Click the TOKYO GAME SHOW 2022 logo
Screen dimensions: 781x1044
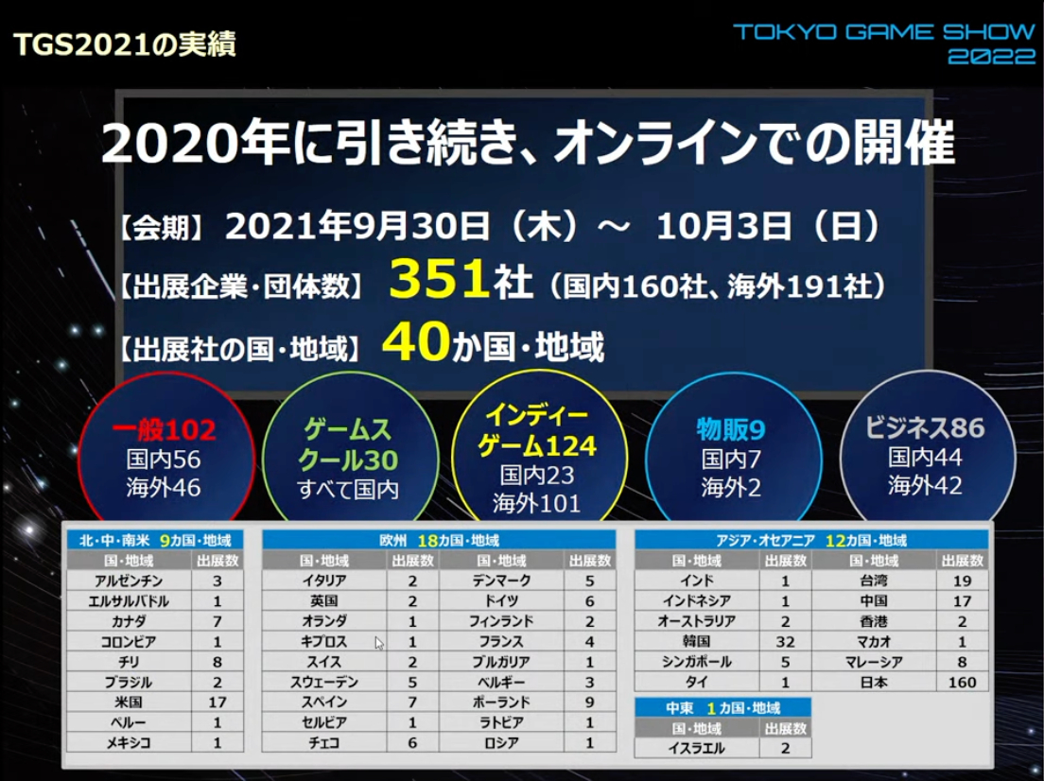884,43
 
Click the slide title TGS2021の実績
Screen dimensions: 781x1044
125,43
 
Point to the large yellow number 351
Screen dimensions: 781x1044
437,281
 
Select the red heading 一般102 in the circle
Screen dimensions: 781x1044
165,431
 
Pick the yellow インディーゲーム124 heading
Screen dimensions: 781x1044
540,430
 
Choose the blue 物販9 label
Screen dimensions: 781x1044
731,430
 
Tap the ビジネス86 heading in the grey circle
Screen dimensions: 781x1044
926,427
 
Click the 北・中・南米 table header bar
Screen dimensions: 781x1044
155,541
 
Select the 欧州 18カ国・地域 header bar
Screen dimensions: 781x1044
439,541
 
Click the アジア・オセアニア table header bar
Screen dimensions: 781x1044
810,541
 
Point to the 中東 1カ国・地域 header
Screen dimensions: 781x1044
722,707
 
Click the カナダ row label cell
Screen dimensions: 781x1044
129,621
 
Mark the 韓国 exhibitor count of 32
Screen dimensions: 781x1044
785,641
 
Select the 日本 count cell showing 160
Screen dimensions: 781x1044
963,682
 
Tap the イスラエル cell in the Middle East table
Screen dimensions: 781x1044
696,748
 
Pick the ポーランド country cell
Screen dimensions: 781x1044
500,703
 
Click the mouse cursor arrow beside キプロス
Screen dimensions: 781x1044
379,643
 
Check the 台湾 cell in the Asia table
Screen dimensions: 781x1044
874,581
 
